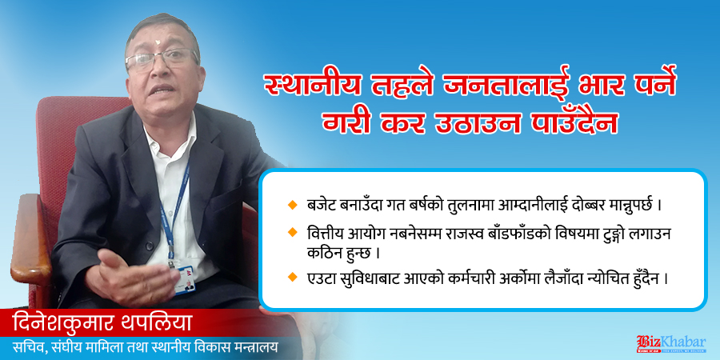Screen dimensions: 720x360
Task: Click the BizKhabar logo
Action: click(x=671, y=344)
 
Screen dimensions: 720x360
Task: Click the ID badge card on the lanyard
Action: click(x=184, y=280)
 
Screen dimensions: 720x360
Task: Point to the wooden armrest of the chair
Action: click(x=30, y=238)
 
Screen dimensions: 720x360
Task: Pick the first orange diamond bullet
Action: click(x=291, y=203)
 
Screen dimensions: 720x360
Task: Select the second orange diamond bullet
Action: click(x=291, y=233)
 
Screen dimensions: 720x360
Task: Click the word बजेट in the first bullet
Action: click(x=318, y=203)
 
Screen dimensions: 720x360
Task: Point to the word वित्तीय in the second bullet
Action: click(x=323, y=234)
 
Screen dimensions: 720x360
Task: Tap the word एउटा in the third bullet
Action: click(x=319, y=278)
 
